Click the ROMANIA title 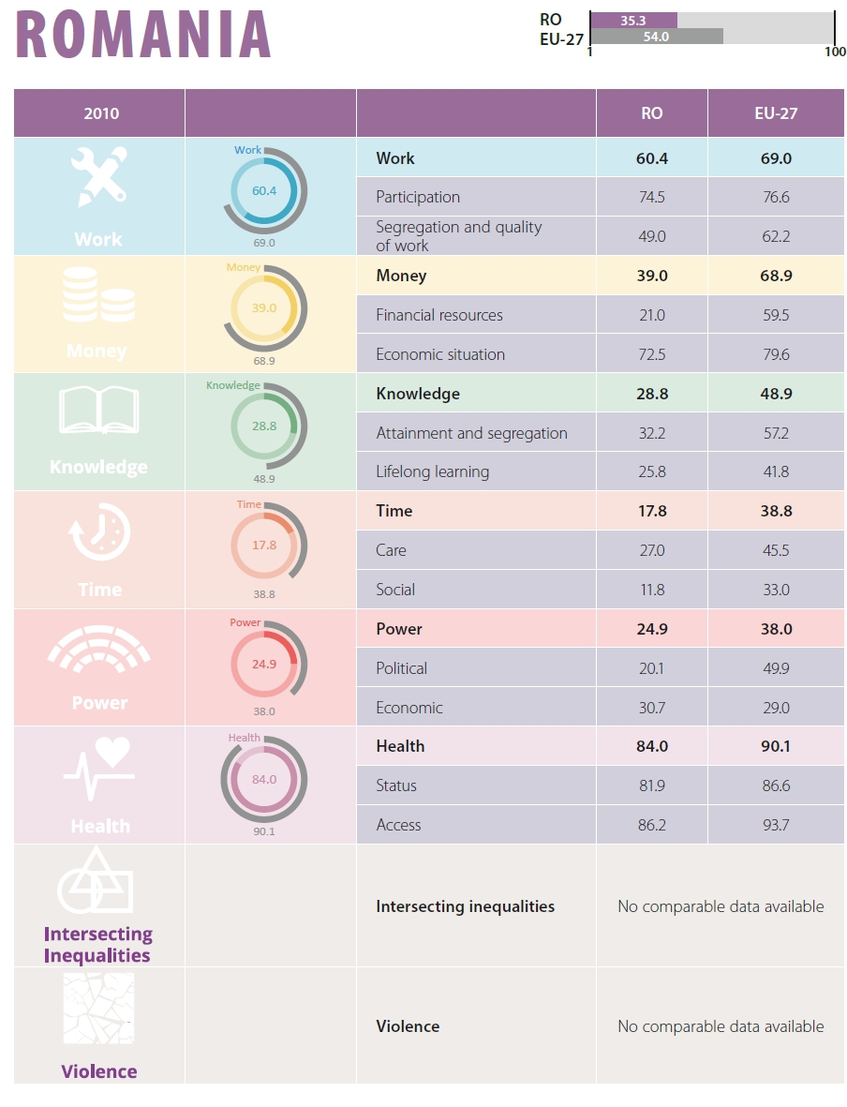click(x=143, y=35)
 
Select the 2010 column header click(x=101, y=113)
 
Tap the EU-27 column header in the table click(x=776, y=113)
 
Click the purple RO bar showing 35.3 click(x=633, y=20)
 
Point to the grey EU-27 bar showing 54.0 click(x=657, y=37)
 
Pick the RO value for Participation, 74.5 click(x=651, y=197)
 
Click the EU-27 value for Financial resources click(x=776, y=315)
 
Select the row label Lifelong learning click(x=432, y=471)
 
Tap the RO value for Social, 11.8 click(x=651, y=590)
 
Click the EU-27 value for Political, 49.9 click(x=776, y=668)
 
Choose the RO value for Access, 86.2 click(x=651, y=825)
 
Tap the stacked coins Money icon click(x=98, y=295)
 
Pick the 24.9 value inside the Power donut click(x=264, y=664)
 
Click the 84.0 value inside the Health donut click(x=264, y=779)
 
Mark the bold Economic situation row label click(x=440, y=354)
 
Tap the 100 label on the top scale click(x=835, y=52)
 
